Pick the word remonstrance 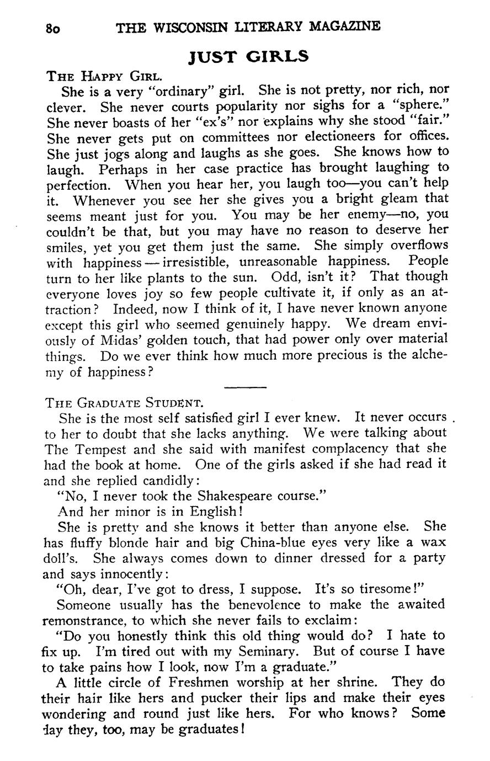pos(83,620)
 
